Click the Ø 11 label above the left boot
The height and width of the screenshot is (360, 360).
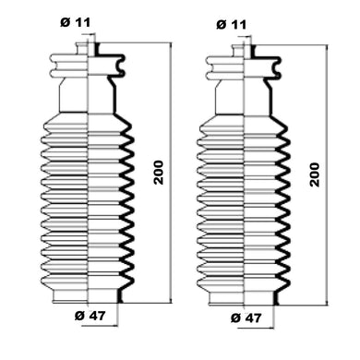pos(75,22)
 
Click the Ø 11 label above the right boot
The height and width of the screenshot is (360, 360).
pos(232,24)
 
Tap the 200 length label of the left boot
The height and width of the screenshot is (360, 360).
pos(159,173)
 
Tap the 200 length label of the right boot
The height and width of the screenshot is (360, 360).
pos(315,174)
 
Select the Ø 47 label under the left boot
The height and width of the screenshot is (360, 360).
pos(90,316)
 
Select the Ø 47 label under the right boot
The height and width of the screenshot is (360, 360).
pos(246,318)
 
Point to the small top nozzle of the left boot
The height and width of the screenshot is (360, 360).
pos(87,49)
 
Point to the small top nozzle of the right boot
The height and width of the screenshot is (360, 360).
pos(244,51)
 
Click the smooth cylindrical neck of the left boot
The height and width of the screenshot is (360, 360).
pos(88,95)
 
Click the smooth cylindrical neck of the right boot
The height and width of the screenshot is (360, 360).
pos(244,98)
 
